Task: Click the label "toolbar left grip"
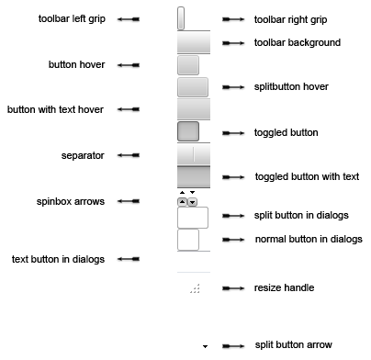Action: pyautogui.click(x=71, y=17)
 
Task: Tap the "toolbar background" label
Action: pyautogui.click(x=298, y=42)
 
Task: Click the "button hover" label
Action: pyautogui.click(x=76, y=64)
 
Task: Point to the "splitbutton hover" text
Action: pyautogui.click(x=291, y=87)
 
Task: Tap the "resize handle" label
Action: pyautogui.click(x=284, y=288)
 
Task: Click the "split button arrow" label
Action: pyautogui.click(x=293, y=345)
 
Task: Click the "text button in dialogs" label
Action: pyautogui.click(x=58, y=259)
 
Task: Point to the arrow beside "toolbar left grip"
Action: pyautogui.click(x=129, y=18)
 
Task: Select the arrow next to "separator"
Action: pyautogui.click(x=129, y=155)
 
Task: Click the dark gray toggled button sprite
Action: pyautogui.click(x=188, y=131)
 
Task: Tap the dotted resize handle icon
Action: pyautogui.click(x=195, y=288)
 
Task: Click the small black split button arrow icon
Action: pyautogui.click(x=205, y=346)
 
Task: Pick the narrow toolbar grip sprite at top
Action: pyautogui.click(x=181, y=17)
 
